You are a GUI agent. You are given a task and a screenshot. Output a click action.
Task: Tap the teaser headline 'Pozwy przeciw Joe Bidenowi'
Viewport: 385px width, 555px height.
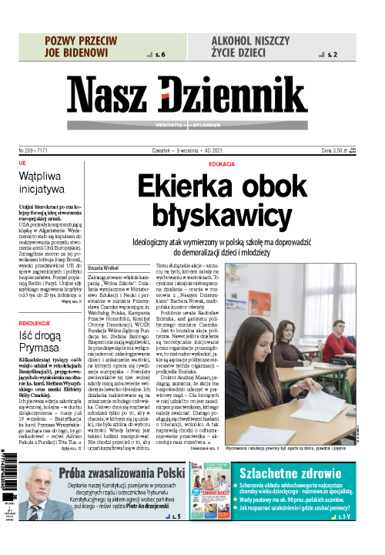tap(80, 46)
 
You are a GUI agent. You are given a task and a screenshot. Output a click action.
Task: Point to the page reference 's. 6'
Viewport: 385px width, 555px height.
tap(160, 55)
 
